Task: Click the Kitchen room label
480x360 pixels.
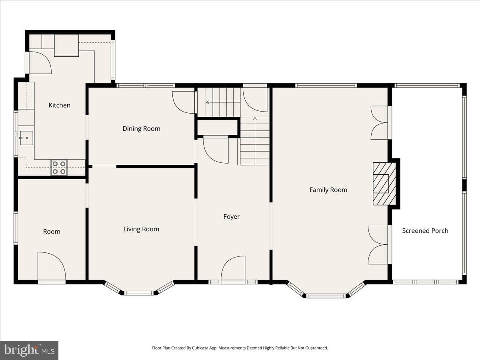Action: [x=60, y=105]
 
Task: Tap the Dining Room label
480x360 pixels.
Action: [x=141, y=128]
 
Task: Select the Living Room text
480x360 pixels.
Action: [x=141, y=229]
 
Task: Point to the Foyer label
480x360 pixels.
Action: [x=231, y=217]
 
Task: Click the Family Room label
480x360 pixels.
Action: [x=328, y=190]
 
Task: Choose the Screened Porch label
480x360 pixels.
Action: [x=425, y=231]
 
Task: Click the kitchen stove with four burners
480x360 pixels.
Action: [x=59, y=168]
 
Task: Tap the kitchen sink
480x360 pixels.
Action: [x=26, y=138]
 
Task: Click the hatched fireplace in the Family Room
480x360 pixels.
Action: [x=384, y=184]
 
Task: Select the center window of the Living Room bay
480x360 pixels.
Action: [x=139, y=293]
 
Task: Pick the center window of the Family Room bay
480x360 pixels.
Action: [x=325, y=296]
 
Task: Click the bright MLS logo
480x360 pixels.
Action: [x=29, y=350]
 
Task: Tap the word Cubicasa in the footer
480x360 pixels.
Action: [x=200, y=348]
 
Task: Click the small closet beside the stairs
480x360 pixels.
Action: [x=217, y=127]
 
